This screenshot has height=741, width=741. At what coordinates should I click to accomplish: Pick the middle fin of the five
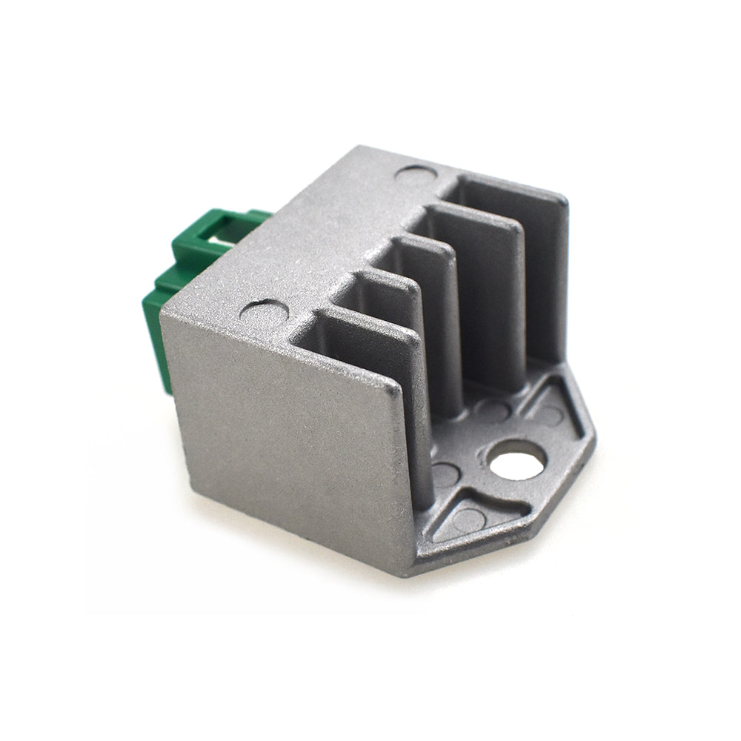click(x=437, y=311)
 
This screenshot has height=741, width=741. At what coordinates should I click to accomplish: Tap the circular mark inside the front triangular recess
click(x=465, y=516)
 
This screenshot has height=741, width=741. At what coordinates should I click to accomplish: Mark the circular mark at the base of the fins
click(x=492, y=407)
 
